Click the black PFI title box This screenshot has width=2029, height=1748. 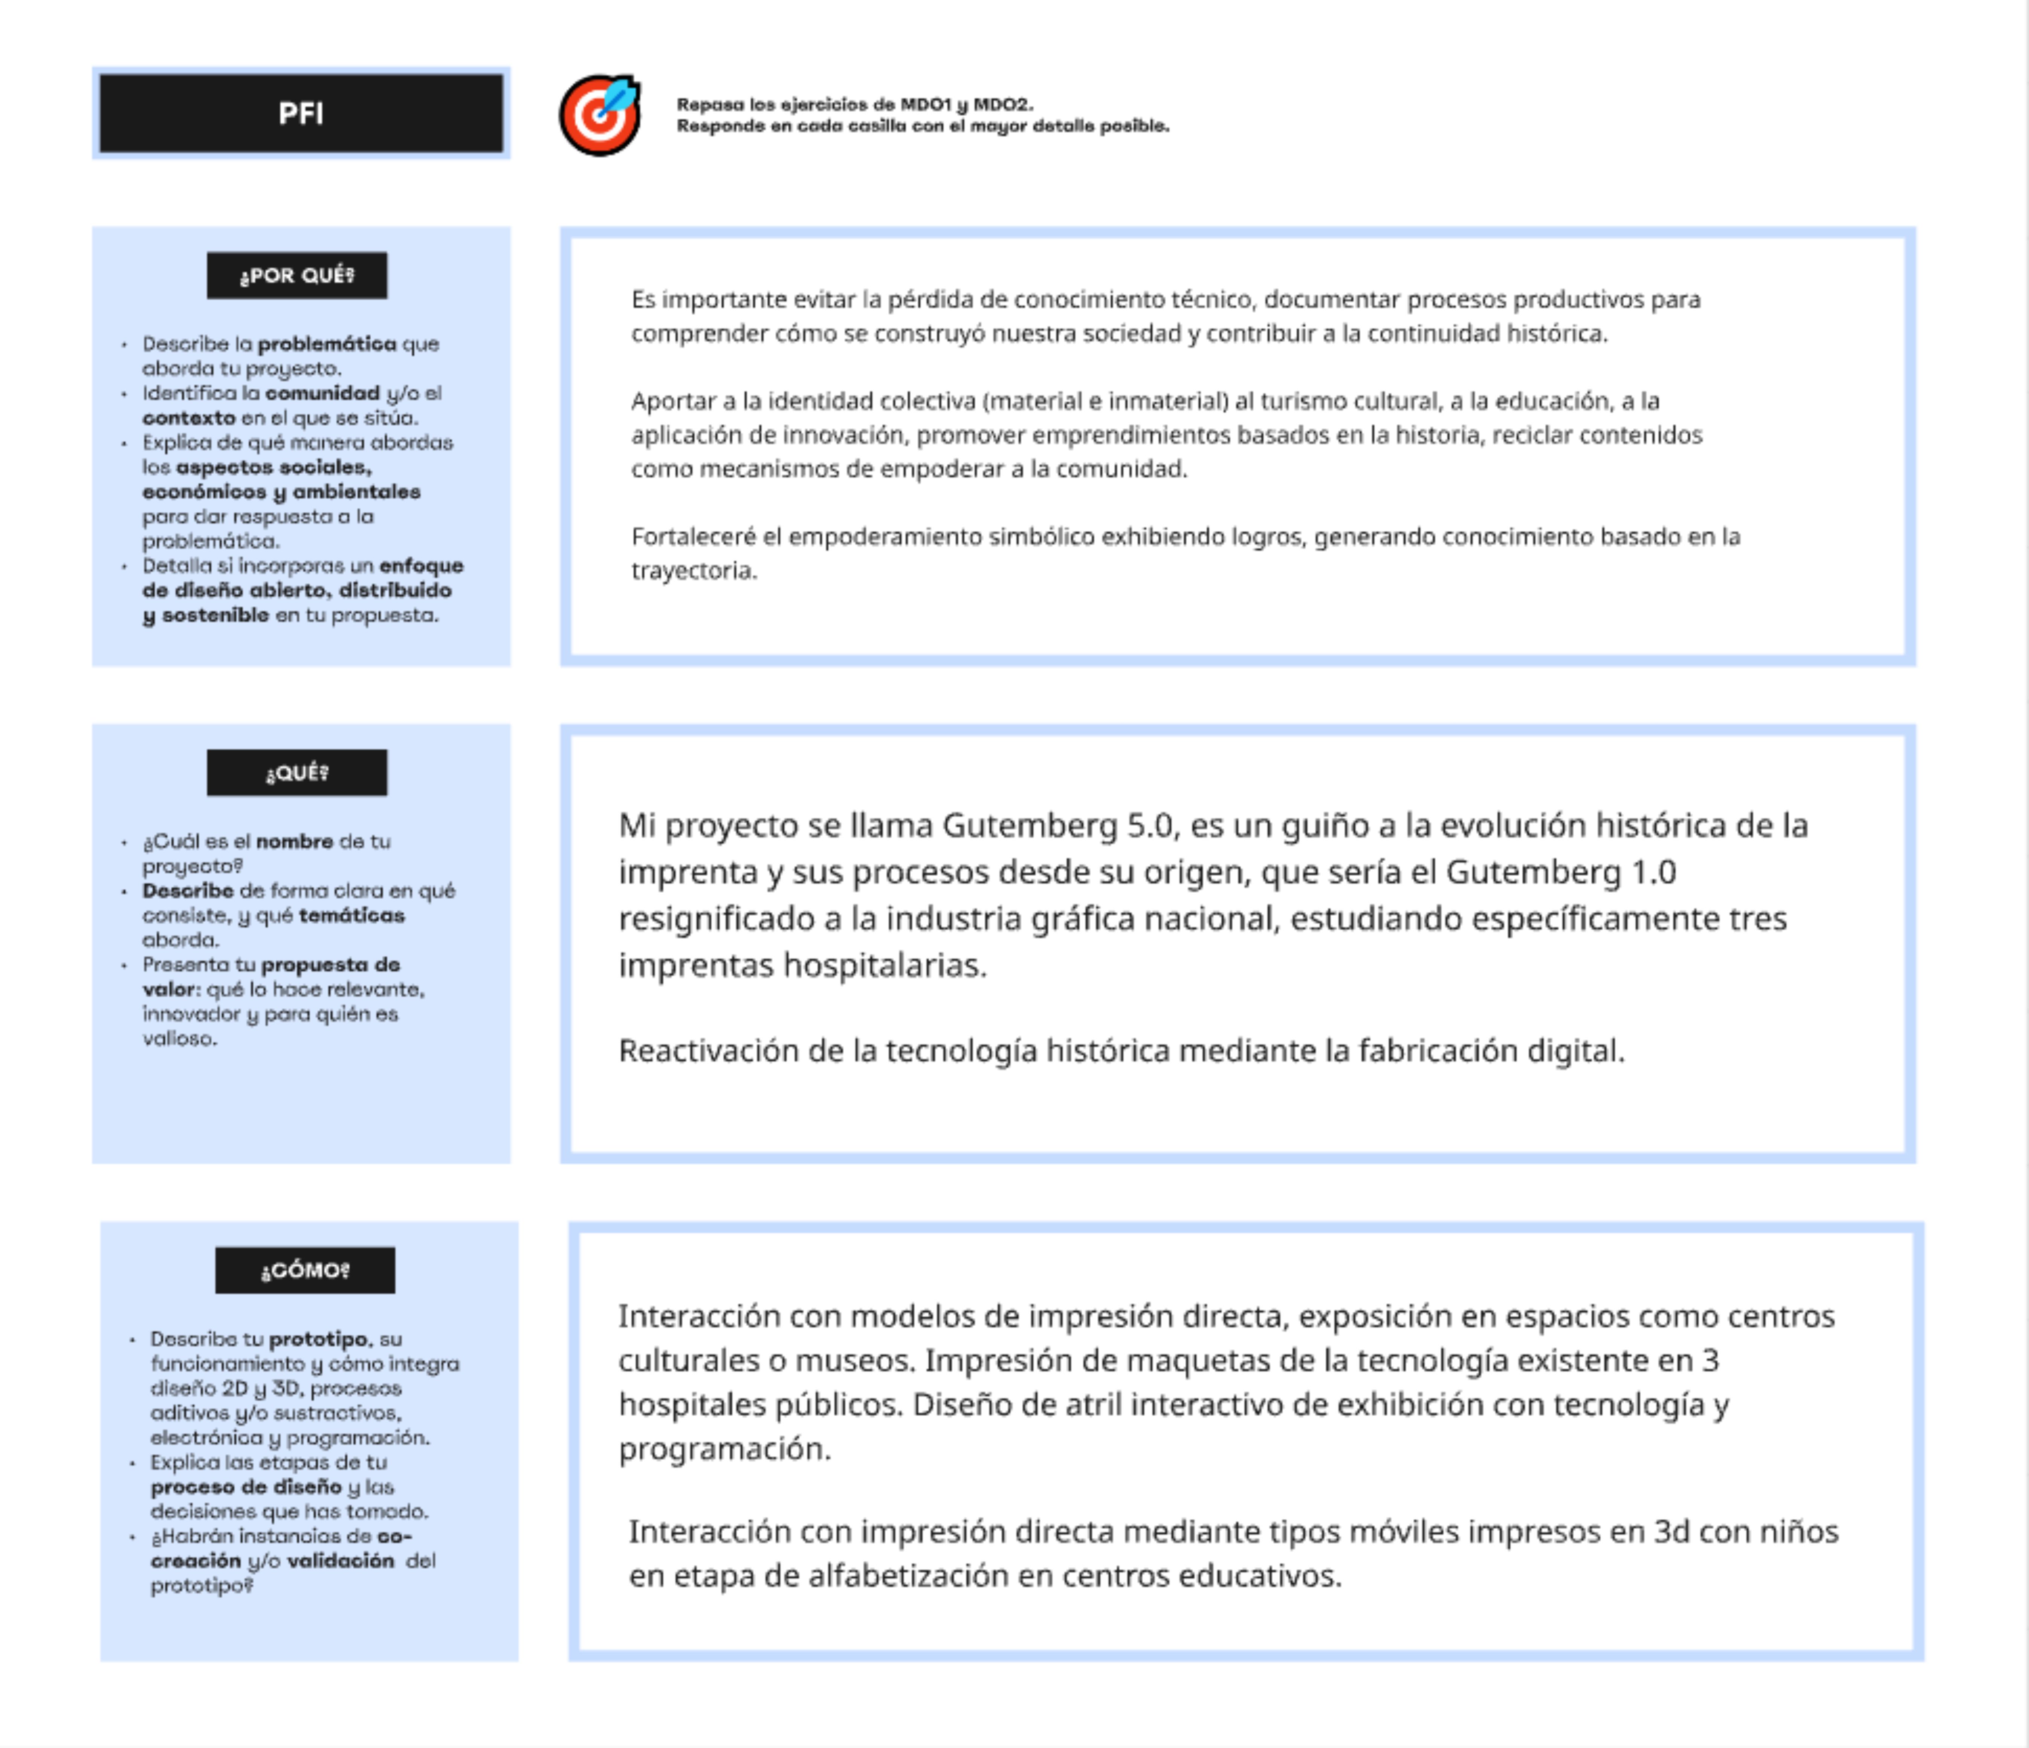point(301,113)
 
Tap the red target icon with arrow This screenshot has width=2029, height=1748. point(599,115)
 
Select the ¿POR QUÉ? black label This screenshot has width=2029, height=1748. point(297,275)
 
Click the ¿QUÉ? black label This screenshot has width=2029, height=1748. point(297,773)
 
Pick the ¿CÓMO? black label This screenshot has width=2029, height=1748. point(304,1270)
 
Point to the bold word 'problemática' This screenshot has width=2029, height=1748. point(327,344)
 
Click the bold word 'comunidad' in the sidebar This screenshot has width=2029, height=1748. point(322,393)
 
